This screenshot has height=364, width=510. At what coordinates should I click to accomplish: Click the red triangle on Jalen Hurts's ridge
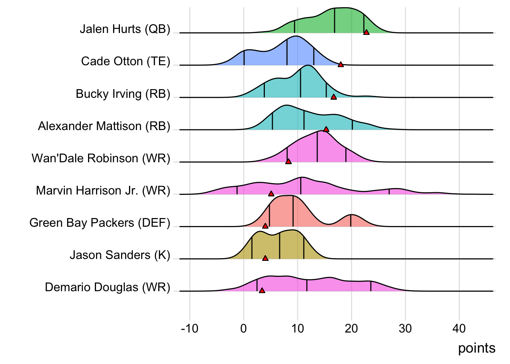(x=366, y=33)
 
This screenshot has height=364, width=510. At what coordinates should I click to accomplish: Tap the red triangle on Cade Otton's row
(x=341, y=65)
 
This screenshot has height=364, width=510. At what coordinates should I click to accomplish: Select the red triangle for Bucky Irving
(x=334, y=97)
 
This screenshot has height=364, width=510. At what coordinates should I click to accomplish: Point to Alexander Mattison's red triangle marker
(x=326, y=129)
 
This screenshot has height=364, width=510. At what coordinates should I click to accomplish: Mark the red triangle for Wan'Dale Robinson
(x=288, y=162)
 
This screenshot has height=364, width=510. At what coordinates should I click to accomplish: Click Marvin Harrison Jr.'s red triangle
(x=271, y=194)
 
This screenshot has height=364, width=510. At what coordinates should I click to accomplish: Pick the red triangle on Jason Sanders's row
(x=265, y=258)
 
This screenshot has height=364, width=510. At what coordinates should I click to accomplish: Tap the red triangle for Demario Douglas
(x=262, y=290)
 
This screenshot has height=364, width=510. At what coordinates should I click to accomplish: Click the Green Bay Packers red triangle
(x=265, y=226)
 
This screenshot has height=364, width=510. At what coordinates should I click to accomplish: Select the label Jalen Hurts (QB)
(x=125, y=29)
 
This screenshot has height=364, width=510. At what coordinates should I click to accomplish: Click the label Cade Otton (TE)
(x=126, y=61)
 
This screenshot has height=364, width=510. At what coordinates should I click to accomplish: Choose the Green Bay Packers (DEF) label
(x=100, y=223)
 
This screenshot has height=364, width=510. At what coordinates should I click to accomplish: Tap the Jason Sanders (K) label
(x=120, y=255)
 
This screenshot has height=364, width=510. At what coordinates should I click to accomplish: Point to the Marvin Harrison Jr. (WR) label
(x=103, y=190)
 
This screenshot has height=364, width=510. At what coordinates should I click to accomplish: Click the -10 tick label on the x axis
(x=189, y=328)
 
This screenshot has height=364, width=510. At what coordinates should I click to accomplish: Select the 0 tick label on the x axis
(x=244, y=328)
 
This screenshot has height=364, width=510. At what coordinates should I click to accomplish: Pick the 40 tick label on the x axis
(x=459, y=328)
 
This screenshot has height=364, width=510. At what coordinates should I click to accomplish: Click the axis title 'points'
(x=477, y=348)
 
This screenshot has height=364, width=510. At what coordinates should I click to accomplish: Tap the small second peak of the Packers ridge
(x=351, y=216)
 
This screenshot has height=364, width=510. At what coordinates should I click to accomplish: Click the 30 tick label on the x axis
(x=405, y=328)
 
